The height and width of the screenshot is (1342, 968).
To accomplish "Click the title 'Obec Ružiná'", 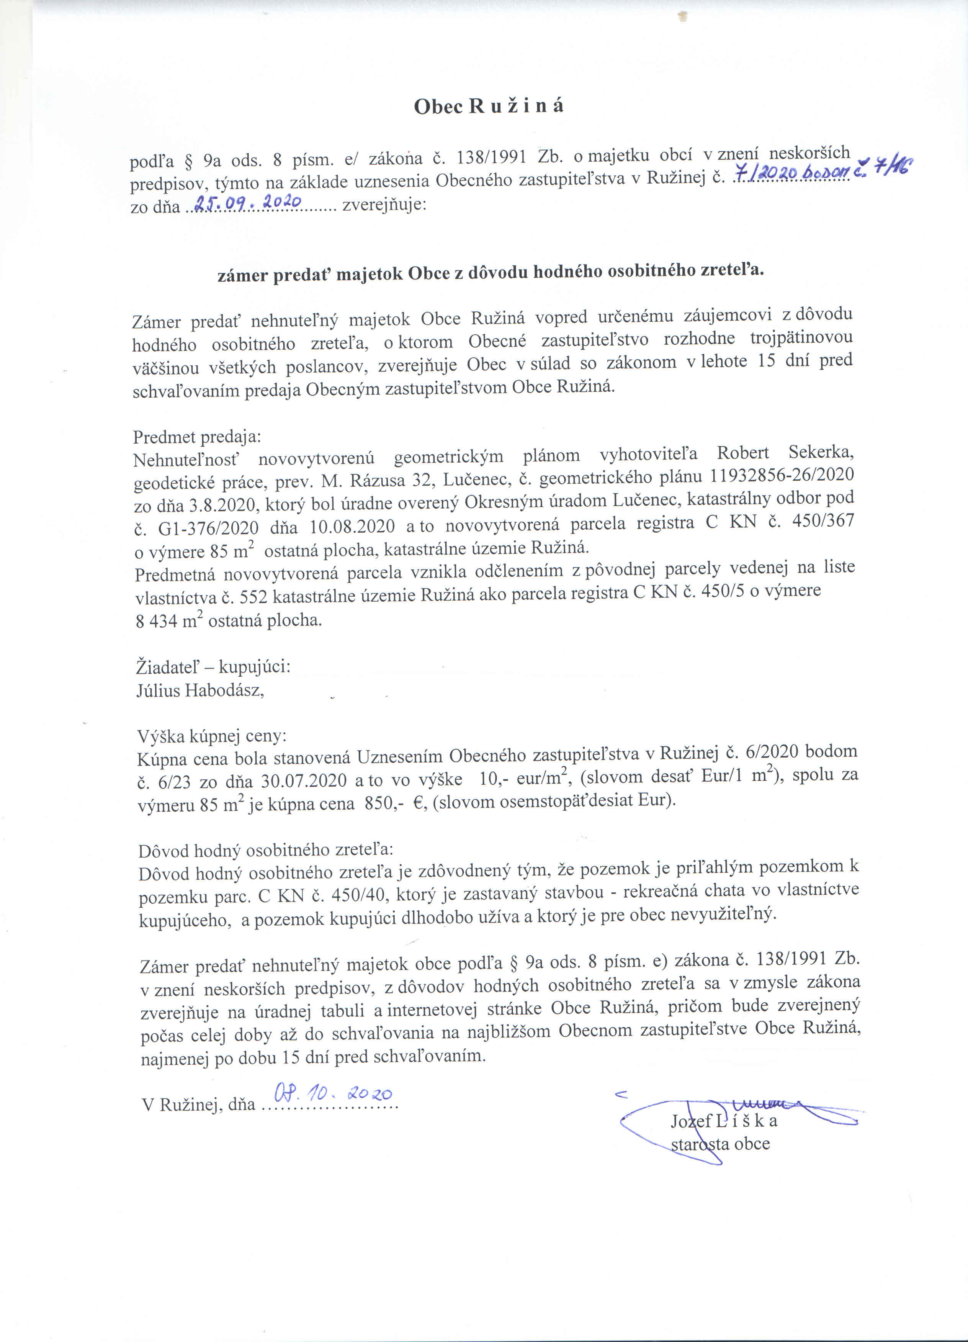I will (488, 106).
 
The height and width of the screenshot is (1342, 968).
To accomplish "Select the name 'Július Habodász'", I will (200, 690).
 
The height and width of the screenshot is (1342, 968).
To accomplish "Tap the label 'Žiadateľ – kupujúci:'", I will (213, 667).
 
